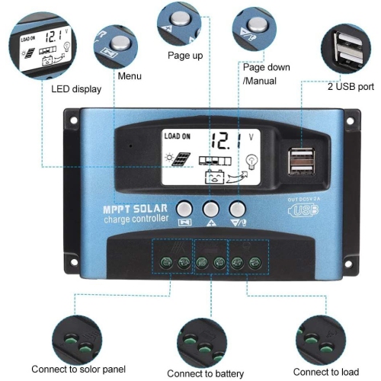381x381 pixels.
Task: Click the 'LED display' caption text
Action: pyautogui.click(x=76, y=89)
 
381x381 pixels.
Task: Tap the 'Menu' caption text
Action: pyautogui.click(x=129, y=76)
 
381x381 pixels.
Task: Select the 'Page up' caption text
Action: pyautogui.click(x=185, y=56)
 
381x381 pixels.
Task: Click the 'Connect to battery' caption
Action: pyautogui.click(x=205, y=373)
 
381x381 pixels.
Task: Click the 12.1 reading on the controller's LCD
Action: pyautogui.click(x=228, y=140)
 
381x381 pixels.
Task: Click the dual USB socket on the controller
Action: pyautogui.click(x=303, y=162)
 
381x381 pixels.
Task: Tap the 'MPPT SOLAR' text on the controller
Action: pyautogui.click(x=136, y=210)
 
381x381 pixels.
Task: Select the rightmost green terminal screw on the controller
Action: pyautogui.click(x=254, y=263)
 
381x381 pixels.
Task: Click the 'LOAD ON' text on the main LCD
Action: pyautogui.click(x=177, y=136)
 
